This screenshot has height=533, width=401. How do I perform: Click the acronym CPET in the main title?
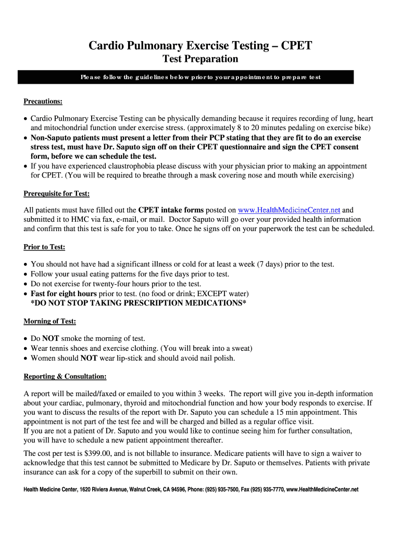[x=296, y=46]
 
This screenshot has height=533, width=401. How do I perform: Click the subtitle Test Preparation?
[x=200, y=59]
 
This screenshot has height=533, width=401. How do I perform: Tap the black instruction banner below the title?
[x=186, y=77]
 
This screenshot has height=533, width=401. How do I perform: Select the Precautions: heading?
[x=43, y=101]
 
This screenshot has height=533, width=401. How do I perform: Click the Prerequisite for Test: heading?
[x=57, y=194]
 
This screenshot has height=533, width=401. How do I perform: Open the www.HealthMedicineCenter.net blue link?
[x=289, y=210]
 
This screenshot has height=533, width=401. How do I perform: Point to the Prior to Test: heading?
[x=44, y=247]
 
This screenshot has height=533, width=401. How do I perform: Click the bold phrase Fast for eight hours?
[x=64, y=294]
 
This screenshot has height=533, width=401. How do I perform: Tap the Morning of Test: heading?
[x=50, y=321]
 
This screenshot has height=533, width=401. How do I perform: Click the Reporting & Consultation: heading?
[x=65, y=376]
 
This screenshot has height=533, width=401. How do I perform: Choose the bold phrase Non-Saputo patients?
[x=65, y=138]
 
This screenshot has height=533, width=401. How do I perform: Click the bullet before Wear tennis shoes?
[x=26, y=348]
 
